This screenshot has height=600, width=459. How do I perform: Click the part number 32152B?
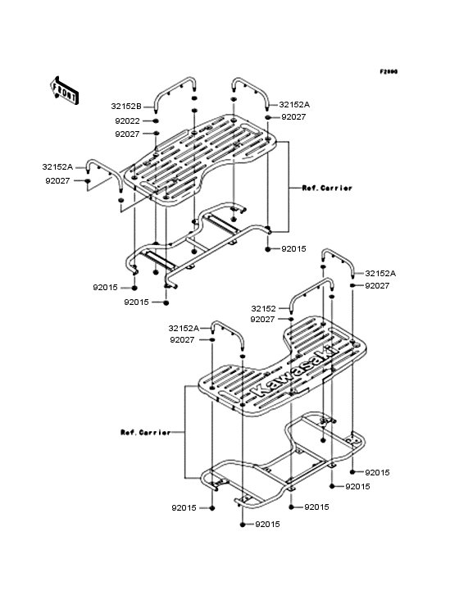126,106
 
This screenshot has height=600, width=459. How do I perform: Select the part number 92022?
126,120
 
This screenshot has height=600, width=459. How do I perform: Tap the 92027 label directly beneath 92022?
126,134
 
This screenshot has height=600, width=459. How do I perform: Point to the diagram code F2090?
388,72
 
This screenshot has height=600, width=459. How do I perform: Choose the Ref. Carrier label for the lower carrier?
144,432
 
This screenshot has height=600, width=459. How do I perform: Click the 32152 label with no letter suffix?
266,309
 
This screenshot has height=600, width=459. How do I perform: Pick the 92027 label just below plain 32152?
262,320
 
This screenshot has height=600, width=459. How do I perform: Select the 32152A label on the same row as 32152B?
294,105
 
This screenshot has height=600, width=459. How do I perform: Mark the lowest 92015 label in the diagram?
268,524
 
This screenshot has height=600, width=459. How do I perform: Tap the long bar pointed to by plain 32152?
311,291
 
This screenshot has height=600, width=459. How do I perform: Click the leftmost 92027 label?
57,180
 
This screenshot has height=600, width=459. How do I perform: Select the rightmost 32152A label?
379,274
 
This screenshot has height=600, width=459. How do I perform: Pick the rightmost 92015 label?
376,473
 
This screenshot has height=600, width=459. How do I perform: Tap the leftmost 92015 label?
105,288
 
